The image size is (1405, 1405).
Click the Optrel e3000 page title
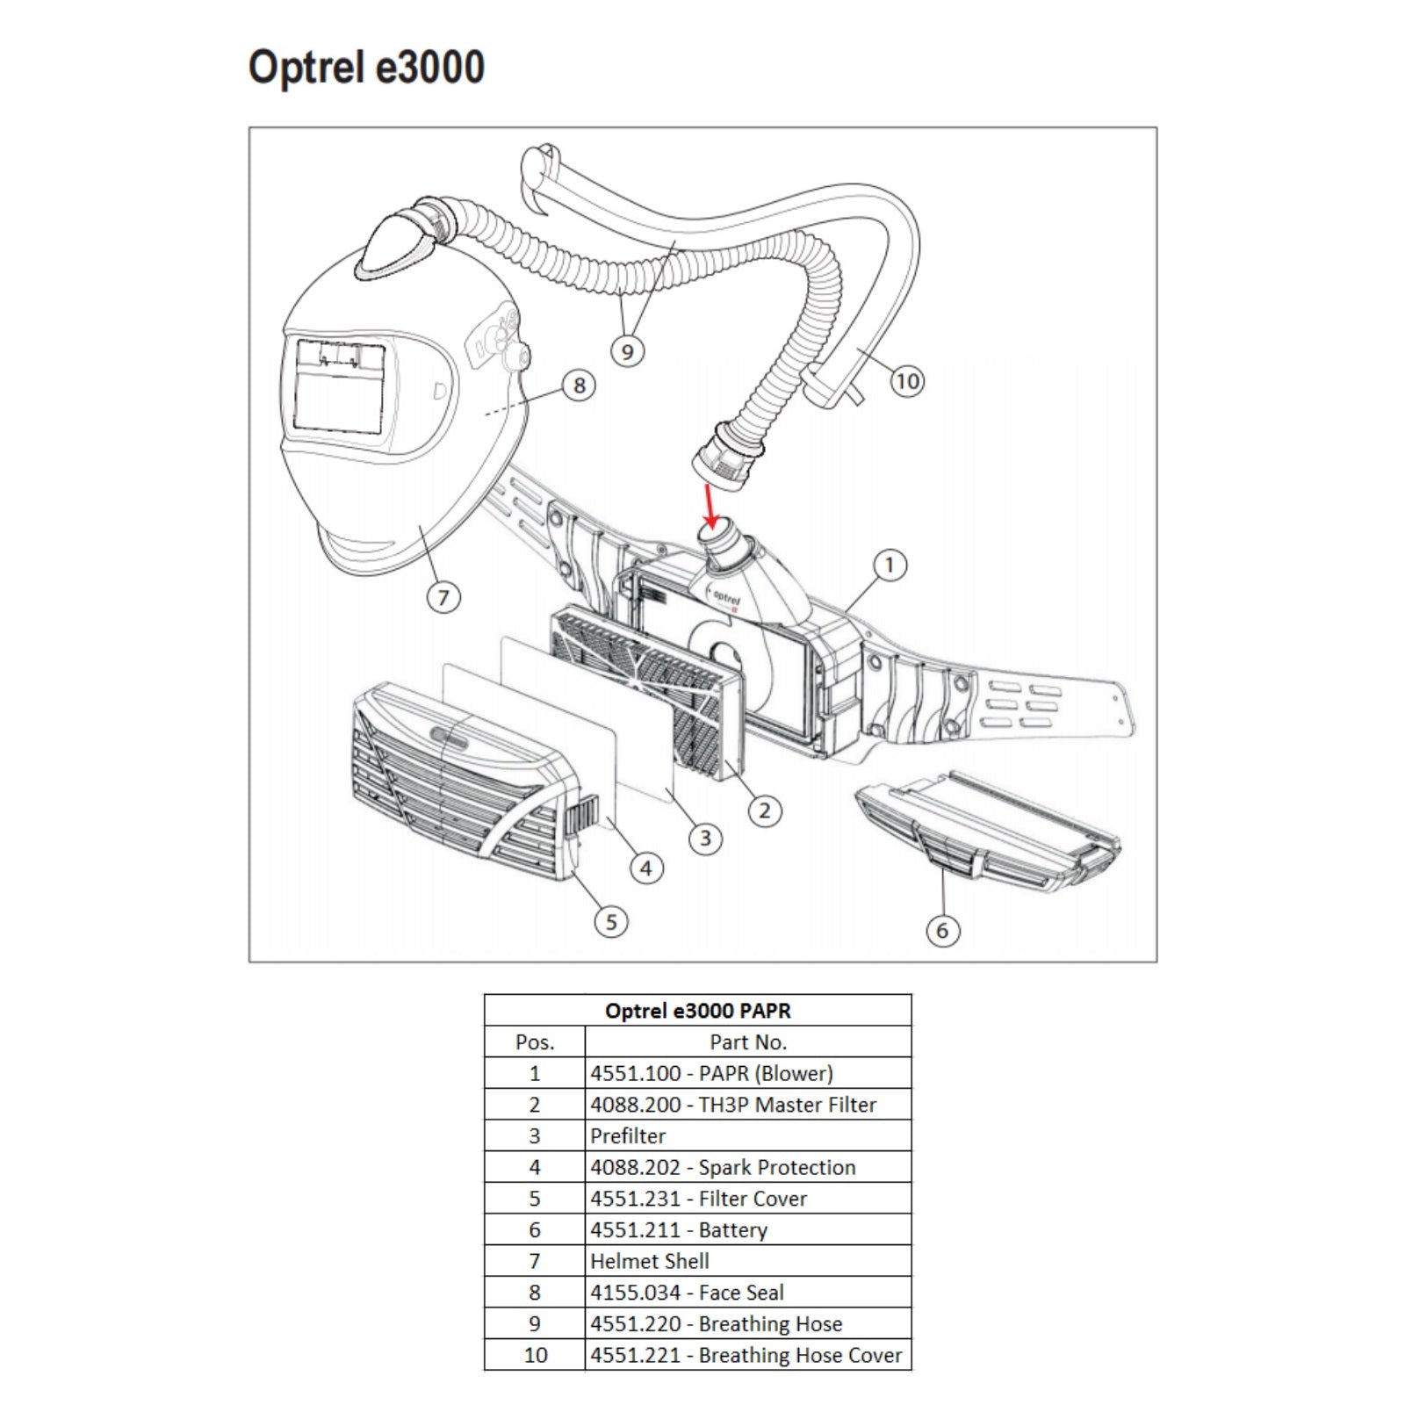(x=366, y=68)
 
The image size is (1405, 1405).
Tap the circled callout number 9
(x=627, y=352)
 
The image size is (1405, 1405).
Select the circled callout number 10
(x=907, y=381)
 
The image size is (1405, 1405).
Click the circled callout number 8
(x=579, y=385)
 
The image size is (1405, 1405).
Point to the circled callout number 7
(x=443, y=598)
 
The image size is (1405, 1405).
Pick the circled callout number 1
(x=890, y=566)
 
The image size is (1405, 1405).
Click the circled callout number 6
(x=942, y=931)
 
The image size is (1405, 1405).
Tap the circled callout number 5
(x=611, y=922)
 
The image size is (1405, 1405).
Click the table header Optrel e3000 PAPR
(x=697, y=1011)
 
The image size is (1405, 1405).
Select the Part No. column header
(x=747, y=1042)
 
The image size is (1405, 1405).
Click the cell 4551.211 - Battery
(x=679, y=1230)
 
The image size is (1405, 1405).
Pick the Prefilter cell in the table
(x=628, y=1136)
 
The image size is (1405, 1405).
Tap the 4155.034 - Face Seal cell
(x=687, y=1293)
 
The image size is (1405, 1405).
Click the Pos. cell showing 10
(x=535, y=1355)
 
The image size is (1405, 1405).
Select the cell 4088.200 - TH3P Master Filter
(x=733, y=1105)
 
